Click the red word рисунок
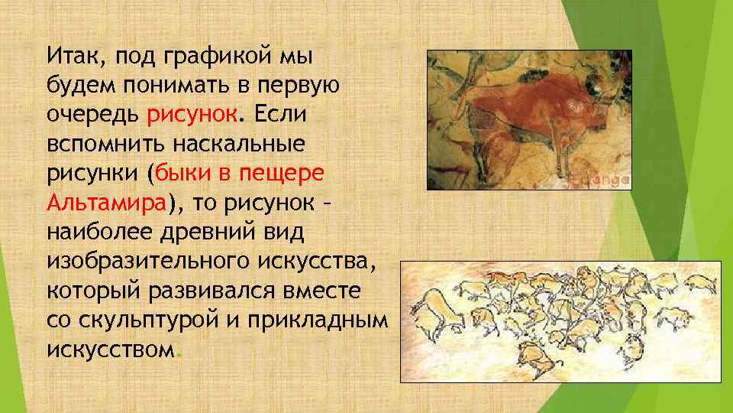click(193, 115)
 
